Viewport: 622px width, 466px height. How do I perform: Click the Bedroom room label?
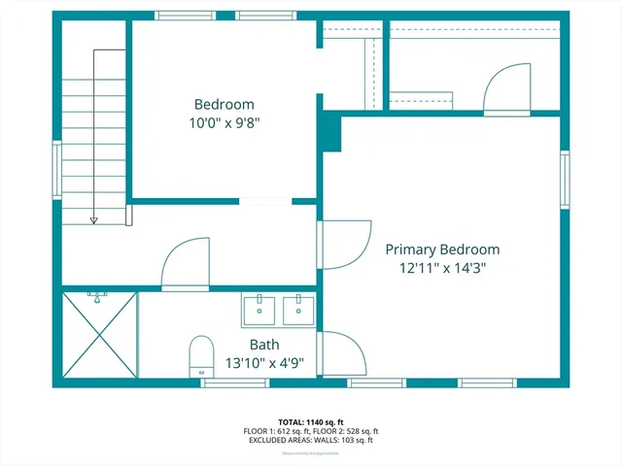[224, 105]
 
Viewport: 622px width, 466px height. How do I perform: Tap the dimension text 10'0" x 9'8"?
[224, 123]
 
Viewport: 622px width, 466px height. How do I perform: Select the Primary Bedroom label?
[442, 250]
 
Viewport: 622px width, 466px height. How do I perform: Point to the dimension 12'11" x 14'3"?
[442, 269]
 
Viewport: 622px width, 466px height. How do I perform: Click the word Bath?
[264, 345]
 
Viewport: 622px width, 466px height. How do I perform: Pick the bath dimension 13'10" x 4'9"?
[264, 363]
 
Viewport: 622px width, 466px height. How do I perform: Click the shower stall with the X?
[100, 335]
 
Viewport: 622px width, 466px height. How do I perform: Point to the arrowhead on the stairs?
[94, 220]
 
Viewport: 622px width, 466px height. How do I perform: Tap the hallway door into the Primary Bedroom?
[345, 244]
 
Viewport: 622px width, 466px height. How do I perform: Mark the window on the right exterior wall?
[565, 179]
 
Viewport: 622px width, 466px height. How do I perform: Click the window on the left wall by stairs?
[56, 170]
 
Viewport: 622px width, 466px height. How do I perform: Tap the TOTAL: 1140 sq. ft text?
[310, 422]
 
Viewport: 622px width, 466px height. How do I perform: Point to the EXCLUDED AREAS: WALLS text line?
[310, 440]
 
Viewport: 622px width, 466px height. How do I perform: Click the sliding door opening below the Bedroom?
[265, 202]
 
